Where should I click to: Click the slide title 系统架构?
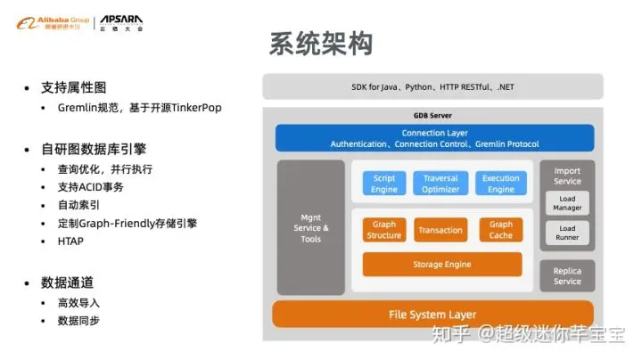coord(321,45)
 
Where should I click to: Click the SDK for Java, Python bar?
coord(432,86)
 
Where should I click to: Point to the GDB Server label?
coord(433,115)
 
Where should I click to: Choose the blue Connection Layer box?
coord(434,138)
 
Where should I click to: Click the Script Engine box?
coord(384,184)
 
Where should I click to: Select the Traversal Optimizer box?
coord(440,184)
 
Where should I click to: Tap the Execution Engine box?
coord(500,184)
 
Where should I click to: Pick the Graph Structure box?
coord(384,230)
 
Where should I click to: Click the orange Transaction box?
coord(440,230)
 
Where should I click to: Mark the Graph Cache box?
coord(500,230)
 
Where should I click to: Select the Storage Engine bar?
coord(441,265)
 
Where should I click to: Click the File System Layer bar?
coord(432,314)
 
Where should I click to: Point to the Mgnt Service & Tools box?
coord(310,227)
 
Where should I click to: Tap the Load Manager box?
coord(567,203)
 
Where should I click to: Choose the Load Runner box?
coord(567,233)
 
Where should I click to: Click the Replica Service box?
coord(567,275)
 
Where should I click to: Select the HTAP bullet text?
coord(71,241)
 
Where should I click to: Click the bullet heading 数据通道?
coord(66,282)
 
